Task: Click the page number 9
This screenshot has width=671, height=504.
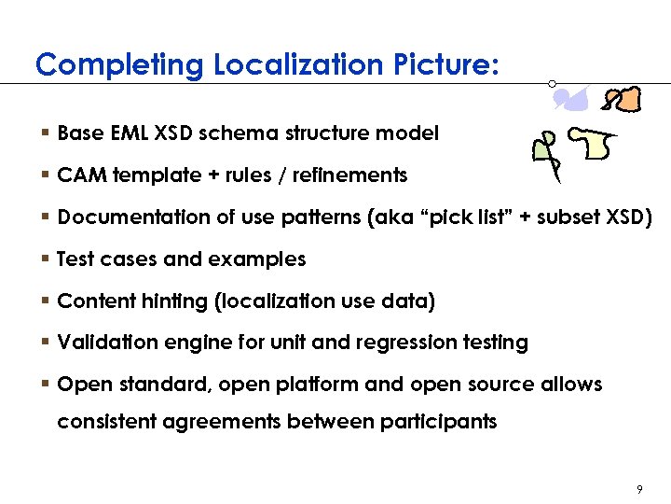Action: click(639, 489)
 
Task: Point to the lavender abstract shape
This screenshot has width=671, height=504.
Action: click(575, 96)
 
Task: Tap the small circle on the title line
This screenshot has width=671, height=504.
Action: click(553, 83)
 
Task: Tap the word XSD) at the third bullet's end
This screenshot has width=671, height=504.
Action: click(628, 217)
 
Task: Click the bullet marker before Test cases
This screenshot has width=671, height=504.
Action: click(46, 259)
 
